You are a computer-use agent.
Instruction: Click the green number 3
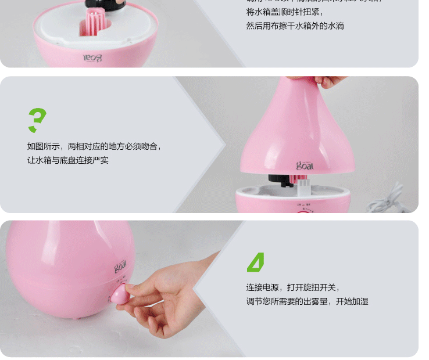tap(37, 120)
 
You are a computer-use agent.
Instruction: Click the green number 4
tap(256, 262)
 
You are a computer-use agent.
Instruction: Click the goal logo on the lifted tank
tap(305, 165)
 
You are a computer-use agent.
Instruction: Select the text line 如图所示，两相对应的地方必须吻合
tap(94, 146)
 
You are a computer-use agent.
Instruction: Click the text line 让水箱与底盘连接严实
tap(67, 160)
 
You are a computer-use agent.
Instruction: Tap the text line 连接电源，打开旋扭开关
tap(292, 287)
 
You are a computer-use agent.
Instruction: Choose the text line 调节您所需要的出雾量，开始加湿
tap(307, 301)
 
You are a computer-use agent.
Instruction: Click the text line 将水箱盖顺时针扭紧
tap(285, 12)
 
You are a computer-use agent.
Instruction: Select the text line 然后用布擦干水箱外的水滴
tap(295, 26)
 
